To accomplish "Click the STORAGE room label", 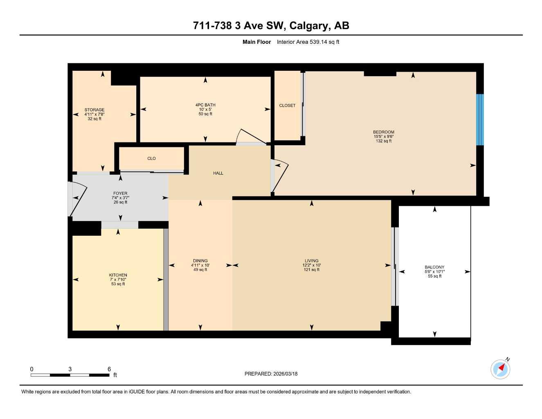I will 94,110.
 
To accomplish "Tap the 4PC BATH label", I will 205,105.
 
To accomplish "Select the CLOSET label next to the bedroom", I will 287,106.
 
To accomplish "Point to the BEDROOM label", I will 383,132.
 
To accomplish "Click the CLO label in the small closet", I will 151,159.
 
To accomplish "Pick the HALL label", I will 218,173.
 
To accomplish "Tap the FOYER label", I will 120,194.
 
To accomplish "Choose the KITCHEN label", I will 118,275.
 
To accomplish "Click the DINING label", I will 200,261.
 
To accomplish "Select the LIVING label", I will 311,261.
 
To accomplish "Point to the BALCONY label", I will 434,267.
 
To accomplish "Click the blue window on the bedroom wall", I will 480,120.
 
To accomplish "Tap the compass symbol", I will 500,369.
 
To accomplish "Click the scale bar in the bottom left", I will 70,375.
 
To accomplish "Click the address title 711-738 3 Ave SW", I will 271,26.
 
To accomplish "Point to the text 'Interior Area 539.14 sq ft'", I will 308,42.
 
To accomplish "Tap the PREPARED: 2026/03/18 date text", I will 271,374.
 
